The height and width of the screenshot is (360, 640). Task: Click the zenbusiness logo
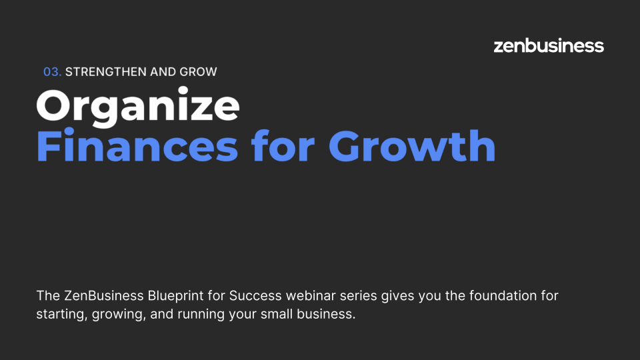click(549, 46)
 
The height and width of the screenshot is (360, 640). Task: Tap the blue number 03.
click(52, 72)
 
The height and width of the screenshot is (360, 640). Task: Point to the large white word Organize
click(138, 106)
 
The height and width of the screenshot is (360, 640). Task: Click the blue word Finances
click(137, 146)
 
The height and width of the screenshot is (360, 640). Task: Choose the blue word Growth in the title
click(412, 146)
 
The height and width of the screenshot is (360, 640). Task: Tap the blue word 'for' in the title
click(283, 146)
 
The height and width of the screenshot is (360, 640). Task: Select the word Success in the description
click(255, 295)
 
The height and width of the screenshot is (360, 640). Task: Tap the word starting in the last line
click(62, 314)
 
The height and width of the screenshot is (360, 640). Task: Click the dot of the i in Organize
click(183, 90)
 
